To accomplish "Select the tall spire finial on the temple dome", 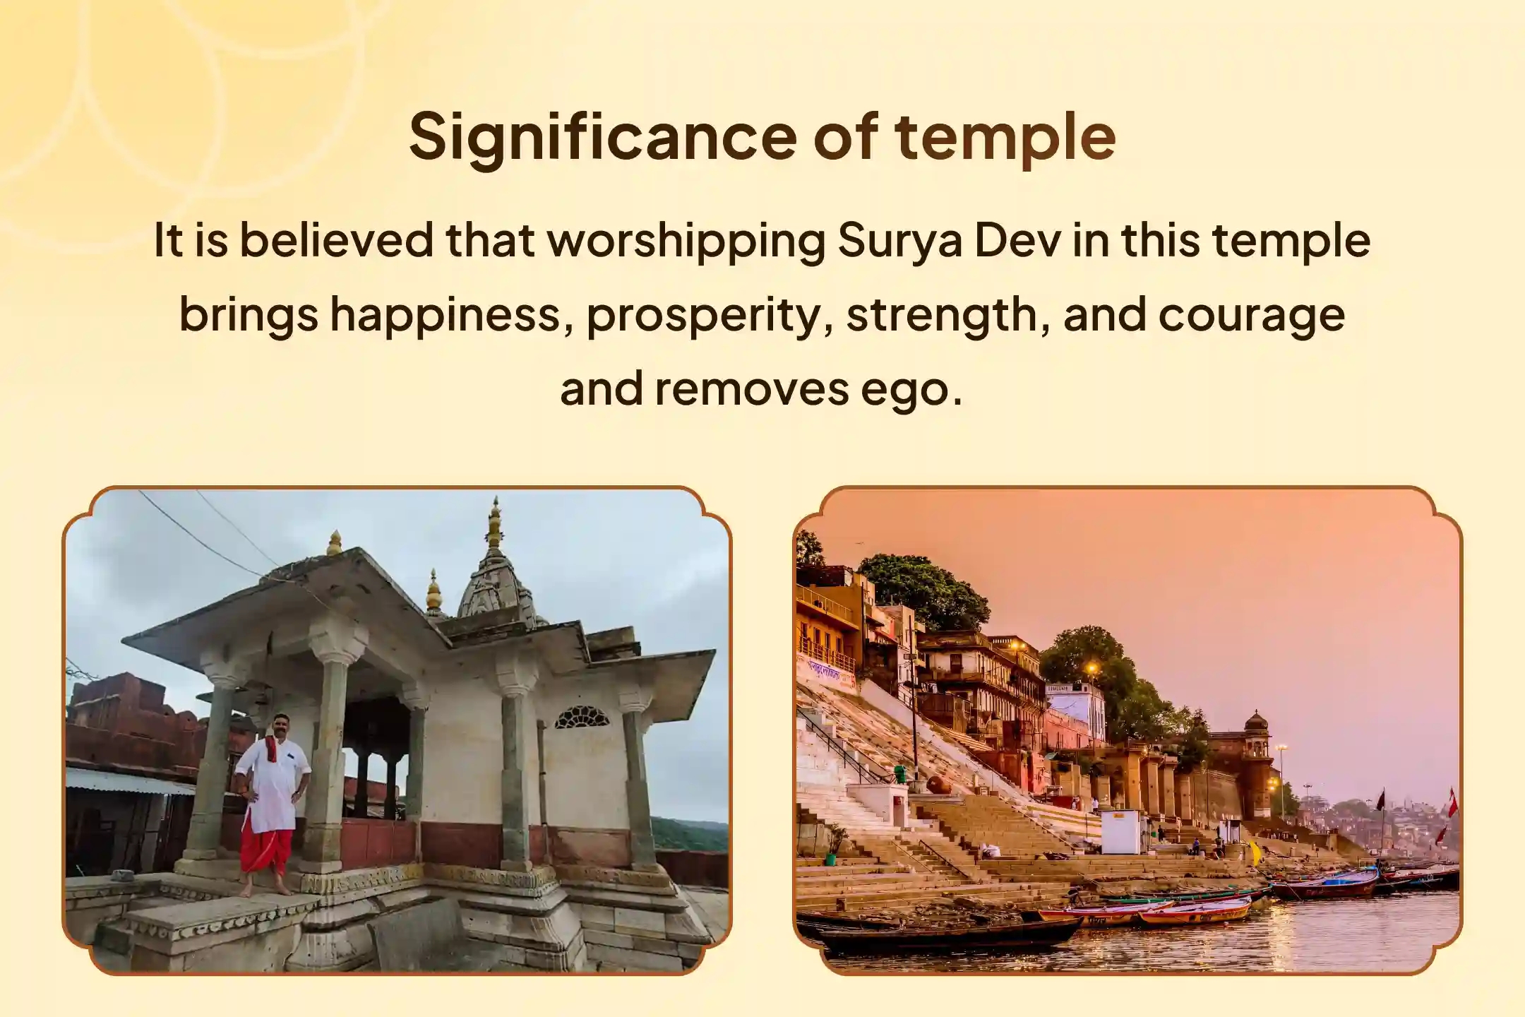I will [495, 523].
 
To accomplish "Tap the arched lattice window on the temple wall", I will [581, 718].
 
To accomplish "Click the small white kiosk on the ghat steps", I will [1120, 832].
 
